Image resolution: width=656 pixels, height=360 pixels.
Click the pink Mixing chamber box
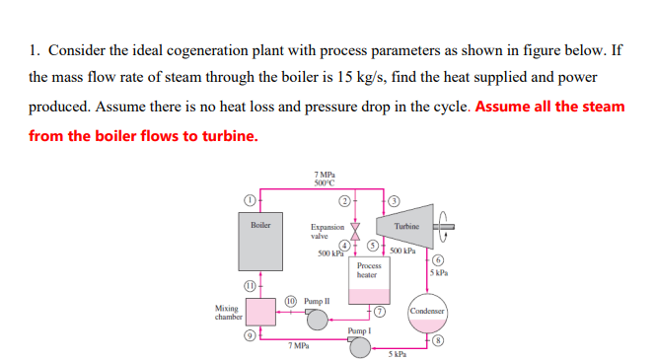261,313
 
